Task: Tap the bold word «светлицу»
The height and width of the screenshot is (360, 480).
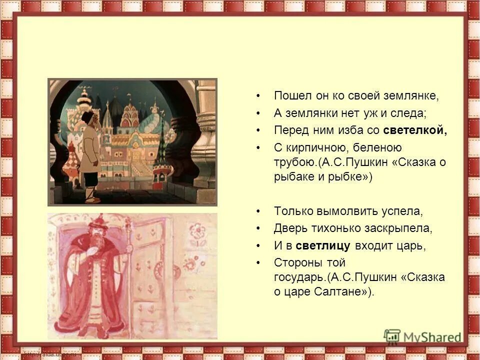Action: [x=322, y=245]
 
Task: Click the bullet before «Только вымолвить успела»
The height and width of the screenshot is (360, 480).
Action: [x=258, y=211]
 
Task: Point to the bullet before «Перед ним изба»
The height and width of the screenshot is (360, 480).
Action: [x=258, y=130]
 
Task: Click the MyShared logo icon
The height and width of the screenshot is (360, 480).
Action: [x=392, y=336]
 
